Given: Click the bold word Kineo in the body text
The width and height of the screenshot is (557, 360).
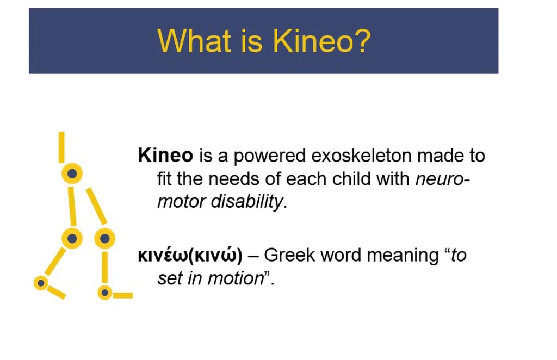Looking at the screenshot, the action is pyautogui.click(x=165, y=156).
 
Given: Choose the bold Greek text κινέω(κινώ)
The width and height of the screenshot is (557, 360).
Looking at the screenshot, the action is pyautogui.click(x=190, y=255).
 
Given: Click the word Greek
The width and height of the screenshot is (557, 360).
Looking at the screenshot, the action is pyautogui.click(x=289, y=255).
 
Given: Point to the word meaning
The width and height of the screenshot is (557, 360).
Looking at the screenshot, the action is pyautogui.click(x=403, y=256).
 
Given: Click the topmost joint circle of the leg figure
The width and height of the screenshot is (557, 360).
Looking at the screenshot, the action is pyautogui.click(x=72, y=173).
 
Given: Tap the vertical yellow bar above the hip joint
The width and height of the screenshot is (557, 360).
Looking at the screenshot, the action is pyautogui.click(x=62, y=147).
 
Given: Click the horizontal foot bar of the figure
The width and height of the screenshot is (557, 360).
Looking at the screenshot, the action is pyautogui.click(x=123, y=295).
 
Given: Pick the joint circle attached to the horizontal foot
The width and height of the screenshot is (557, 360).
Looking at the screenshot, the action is pyautogui.click(x=105, y=293).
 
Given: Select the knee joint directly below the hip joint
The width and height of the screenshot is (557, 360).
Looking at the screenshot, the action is pyautogui.click(x=72, y=238).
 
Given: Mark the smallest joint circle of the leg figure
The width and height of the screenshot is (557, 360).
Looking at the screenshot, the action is pyautogui.click(x=41, y=283).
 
